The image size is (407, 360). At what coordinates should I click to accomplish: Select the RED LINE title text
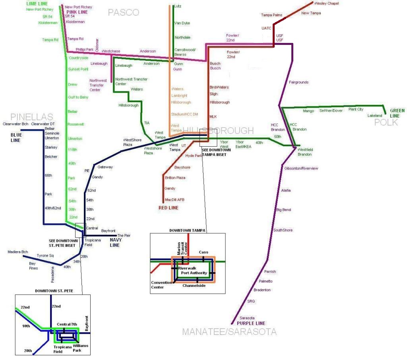click(x=169, y=208)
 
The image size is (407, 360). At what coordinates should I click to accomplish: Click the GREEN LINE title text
click(x=397, y=113)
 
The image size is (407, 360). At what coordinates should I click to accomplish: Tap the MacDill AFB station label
click(x=174, y=199)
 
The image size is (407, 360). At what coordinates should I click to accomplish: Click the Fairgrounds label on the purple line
click(x=298, y=82)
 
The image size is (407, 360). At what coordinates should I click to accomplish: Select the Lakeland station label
click(x=375, y=116)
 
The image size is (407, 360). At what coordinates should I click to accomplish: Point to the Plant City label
click(x=356, y=109)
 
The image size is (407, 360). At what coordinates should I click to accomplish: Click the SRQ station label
click(x=251, y=301)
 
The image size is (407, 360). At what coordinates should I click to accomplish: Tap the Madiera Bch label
click(x=18, y=252)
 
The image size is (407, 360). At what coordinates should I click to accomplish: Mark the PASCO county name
click(x=124, y=13)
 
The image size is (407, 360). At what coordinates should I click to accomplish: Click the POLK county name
click(x=386, y=122)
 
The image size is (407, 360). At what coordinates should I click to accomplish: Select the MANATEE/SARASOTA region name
click(x=229, y=332)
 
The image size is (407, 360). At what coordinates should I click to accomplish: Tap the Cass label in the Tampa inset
click(x=203, y=252)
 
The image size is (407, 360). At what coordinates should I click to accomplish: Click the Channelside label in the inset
click(x=194, y=285)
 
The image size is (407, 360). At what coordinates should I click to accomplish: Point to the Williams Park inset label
click(x=81, y=348)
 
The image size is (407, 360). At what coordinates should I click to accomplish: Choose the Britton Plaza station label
click(x=175, y=178)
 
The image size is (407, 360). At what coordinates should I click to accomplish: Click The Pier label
click(x=124, y=236)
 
